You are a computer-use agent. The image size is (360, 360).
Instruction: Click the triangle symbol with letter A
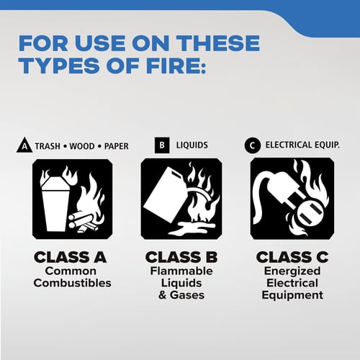click(x=24, y=145)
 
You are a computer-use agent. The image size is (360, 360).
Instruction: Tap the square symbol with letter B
click(x=162, y=145)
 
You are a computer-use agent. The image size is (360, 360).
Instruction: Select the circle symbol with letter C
click(x=253, y=145)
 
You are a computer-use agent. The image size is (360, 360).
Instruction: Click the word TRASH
click(x=48, y=146)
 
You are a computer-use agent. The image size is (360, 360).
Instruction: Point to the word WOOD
click(x=82, y=146)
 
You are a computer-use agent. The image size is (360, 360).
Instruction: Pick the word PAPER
click(x=117, y=146)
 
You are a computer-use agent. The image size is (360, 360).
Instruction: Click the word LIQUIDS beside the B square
click(x=192, y=145)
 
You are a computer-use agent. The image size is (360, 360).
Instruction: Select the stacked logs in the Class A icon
click(x=83, y=222)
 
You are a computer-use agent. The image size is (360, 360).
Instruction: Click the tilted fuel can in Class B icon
click(x=164, y=194)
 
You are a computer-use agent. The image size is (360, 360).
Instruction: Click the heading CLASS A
click(x=71, y=257)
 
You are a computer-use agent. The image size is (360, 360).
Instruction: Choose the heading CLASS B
click(x=181, y=257)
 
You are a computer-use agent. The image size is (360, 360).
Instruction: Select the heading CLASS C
click(x=292, y=257)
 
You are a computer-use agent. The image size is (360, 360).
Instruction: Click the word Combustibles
click(x=72, y=283)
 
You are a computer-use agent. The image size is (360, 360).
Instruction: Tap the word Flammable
click(x=181, y=271)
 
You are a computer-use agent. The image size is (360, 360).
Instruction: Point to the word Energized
click(x=292, y=271)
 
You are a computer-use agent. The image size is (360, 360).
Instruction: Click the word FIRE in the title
click(x=176, y=66)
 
